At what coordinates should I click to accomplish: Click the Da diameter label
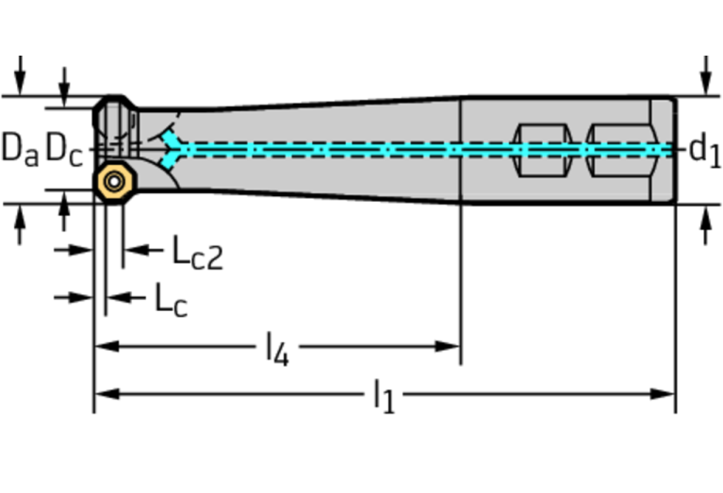point(19,148)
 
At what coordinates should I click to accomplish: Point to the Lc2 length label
point(197,252)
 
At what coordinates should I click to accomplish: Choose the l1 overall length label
point(383,396)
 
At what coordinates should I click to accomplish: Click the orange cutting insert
point(114,180)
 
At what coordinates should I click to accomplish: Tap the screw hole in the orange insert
point(114,181)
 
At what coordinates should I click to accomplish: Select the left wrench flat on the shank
point(541,148)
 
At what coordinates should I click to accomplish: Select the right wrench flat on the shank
point(617,148)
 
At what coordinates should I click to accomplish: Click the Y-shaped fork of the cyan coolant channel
point(173,149)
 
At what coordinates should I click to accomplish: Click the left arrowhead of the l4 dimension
point(103,346)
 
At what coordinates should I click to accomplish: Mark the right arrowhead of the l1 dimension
point(666,393)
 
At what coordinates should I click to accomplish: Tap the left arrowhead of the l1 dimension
point(103,393)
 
